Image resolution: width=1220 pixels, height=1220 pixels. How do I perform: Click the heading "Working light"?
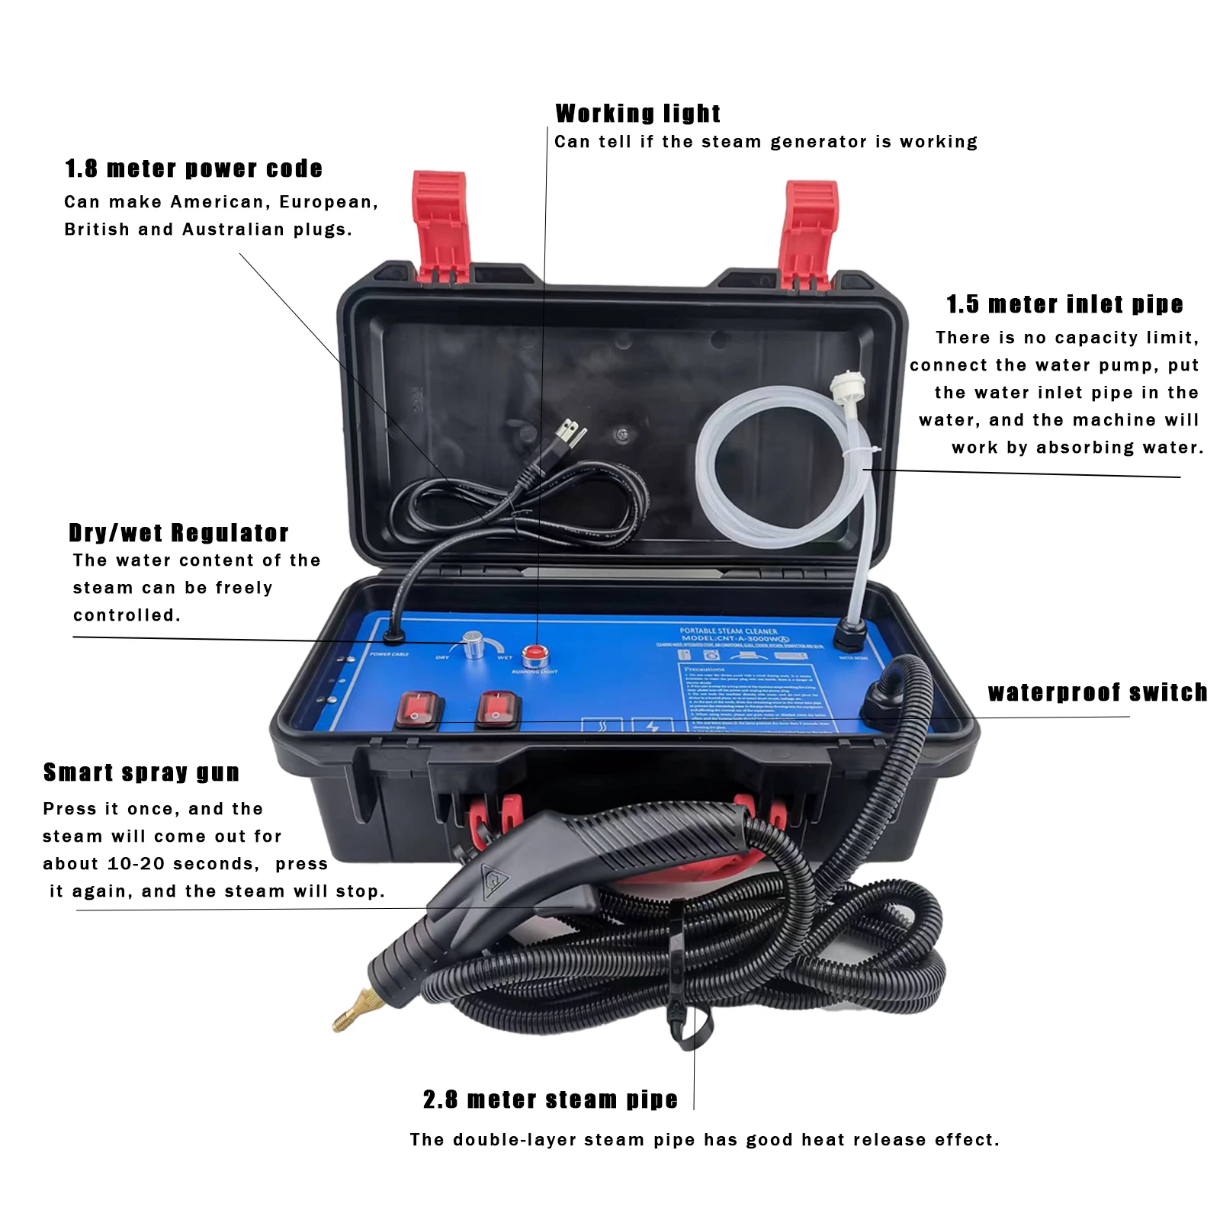637,114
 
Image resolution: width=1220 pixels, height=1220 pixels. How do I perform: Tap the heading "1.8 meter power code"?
194,169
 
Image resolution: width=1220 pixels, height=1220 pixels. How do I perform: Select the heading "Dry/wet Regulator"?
178,532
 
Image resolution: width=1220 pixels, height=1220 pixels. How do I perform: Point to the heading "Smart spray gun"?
141,772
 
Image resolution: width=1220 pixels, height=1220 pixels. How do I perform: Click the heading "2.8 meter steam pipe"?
550,1099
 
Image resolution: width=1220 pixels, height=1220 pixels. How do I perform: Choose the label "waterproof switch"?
1097,692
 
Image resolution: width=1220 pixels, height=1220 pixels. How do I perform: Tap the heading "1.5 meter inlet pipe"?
1064,304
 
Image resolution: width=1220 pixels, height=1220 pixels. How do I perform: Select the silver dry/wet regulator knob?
473,645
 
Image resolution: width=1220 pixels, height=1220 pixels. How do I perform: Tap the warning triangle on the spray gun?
495,879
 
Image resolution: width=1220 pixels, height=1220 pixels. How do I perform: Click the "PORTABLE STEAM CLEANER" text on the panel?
728,631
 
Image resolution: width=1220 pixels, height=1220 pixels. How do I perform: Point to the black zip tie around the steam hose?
679,984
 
